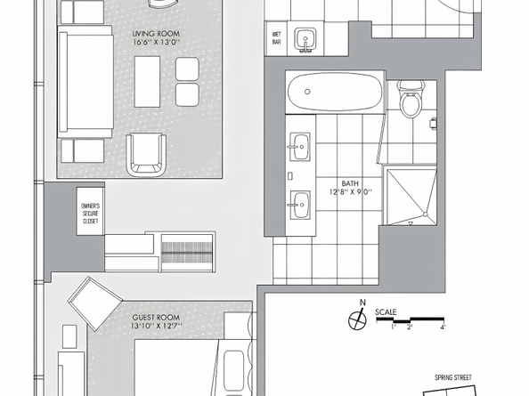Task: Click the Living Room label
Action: click(156, 34)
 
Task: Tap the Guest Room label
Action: click(156, 318)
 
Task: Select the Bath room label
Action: click(350, 183)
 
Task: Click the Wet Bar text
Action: click(277, 38)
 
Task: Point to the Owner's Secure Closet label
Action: click(90, 214)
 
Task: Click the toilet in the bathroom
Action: click(411, 98)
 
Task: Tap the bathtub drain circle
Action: click(307, 92)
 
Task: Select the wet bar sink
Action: click(305, 40)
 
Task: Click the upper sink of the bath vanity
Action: click(299, 147)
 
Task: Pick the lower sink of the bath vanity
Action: click(299, 205)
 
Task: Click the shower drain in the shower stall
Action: click(426, 214)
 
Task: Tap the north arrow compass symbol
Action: click(357, 317)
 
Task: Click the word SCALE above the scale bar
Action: click(386, 312)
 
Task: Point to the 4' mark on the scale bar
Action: click(443, 327)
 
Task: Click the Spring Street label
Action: click(453, 378)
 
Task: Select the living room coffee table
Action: click(148, 82)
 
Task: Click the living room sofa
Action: click(85, 81)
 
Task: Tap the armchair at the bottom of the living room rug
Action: click(146, 154)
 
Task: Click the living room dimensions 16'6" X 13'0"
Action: click(156, 42)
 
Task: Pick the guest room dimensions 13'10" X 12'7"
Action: click(156, 326)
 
